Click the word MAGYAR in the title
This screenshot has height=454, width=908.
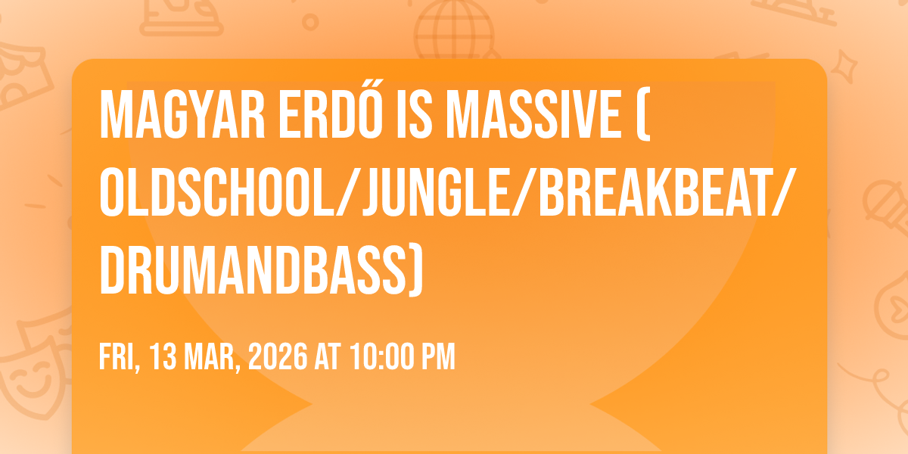click(182, 114)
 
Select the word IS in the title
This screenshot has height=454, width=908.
click(415, 114)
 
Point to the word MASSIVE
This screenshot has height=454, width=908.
click(534, 114)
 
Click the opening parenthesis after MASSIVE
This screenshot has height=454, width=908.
click(643, 114)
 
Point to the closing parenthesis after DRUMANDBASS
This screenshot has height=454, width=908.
click(416, 271)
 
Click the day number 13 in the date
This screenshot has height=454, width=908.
click(163, 356)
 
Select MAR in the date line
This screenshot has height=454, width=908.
click(213, 357)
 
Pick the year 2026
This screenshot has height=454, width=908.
click(278, 356)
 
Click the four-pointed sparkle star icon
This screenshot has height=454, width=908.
click(844, 67)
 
